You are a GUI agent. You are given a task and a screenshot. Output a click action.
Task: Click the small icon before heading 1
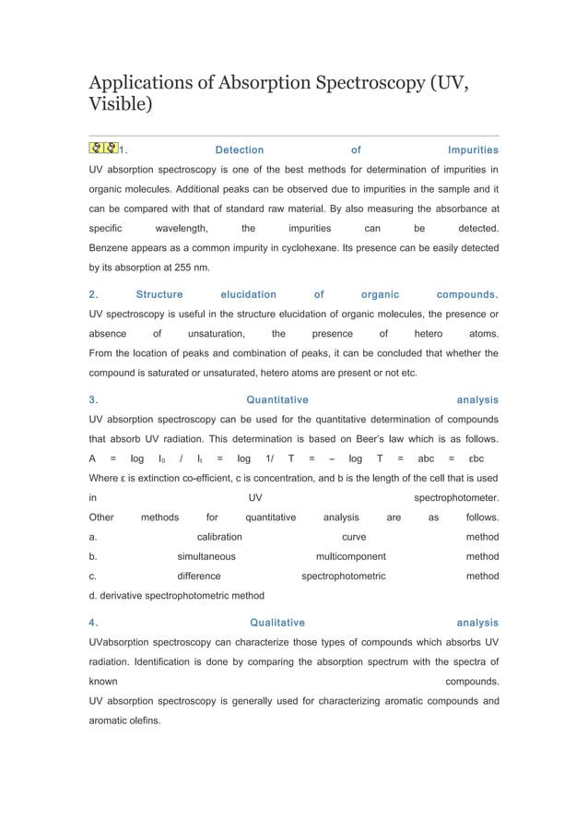pos(103,149)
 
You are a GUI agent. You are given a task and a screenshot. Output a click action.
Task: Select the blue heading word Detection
pos(239,149)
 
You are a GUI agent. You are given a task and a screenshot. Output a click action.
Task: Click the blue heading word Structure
pos(159,295)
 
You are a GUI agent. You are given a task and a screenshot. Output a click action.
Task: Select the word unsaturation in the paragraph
pos(216,334)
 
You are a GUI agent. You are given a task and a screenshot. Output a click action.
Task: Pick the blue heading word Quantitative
pos(277,400)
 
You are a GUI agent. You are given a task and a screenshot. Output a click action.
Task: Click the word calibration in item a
pos(219,537)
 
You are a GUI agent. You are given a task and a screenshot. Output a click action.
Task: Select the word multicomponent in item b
pos(350,556)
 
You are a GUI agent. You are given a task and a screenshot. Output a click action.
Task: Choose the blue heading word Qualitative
pos(277,623)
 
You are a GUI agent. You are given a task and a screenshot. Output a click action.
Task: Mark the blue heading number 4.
pos(92,623)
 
